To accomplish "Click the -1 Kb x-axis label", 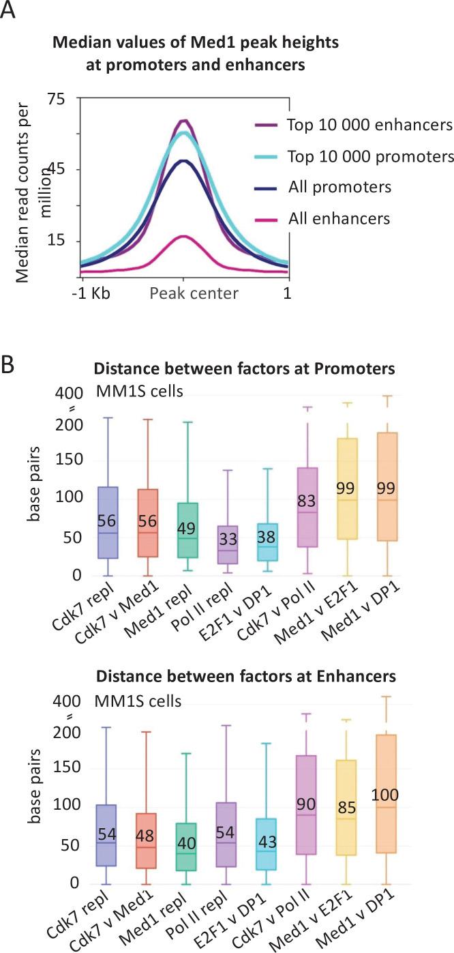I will click(x=95, y=294).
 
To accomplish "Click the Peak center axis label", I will click(x=194, y=294).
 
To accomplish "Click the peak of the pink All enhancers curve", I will click(x=183, y=236).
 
